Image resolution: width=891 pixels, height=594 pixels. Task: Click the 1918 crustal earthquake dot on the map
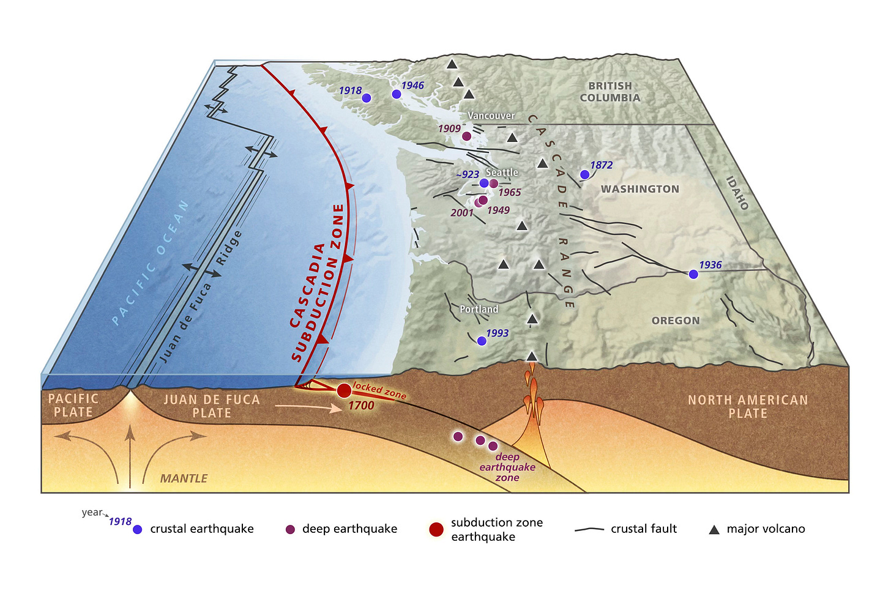click(366, 98)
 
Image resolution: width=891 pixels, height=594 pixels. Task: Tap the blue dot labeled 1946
click(397, 94)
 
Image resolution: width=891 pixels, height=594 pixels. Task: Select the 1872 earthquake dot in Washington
click(584, 175)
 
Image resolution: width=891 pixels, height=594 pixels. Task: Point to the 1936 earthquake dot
click(693, 275)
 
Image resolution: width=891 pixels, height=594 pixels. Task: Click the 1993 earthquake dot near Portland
click(482, 341)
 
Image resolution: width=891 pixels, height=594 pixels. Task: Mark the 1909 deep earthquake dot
click(467, 136)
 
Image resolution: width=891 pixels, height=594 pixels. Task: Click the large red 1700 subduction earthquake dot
click(344, 390)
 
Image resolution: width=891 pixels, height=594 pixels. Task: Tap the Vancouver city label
click(491, 116)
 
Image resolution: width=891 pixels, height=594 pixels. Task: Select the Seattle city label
click(502, 173)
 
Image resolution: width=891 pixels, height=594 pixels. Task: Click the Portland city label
click(479, 310)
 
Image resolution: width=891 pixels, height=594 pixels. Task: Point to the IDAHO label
click(737, 193)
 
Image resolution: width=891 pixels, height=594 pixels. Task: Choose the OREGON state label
click(675, 321)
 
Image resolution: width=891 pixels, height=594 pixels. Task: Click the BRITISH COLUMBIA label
click(610, 92)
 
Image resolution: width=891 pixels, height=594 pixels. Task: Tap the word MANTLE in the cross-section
click(184, 478)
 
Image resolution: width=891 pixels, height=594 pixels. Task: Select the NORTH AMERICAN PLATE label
click(748, 407)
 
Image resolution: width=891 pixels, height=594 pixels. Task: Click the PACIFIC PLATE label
click(73, 406)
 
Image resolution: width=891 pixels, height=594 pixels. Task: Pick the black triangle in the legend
click(714, 530)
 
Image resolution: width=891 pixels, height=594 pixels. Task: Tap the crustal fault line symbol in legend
click(589, 529)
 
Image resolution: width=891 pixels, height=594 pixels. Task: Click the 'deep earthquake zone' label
click(507, 467)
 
